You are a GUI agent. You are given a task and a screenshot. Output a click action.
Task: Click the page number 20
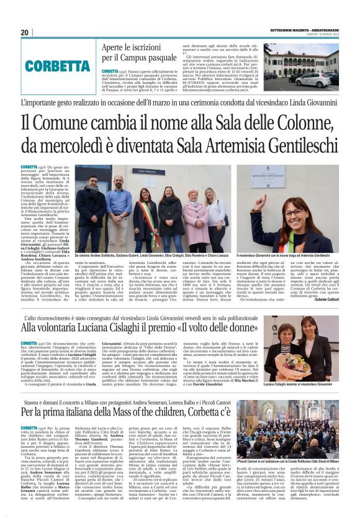(x=24, y=32)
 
